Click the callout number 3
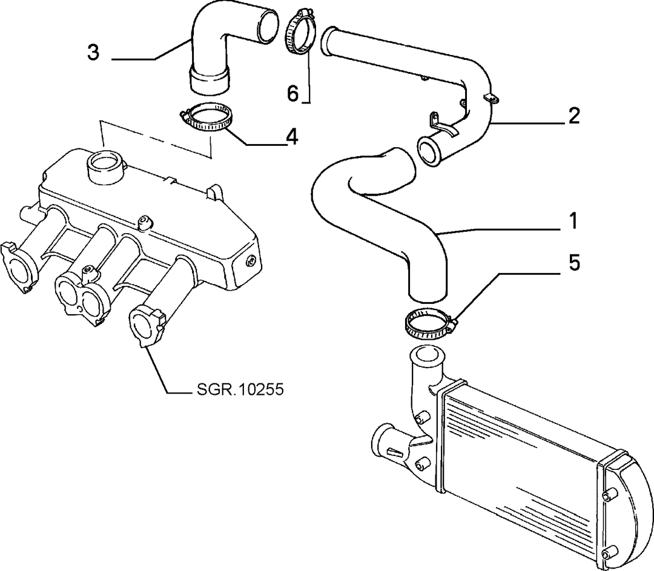coord(93,53)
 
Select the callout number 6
coord(293,93)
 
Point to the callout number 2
coord(574,115)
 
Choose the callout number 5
coord(574,263)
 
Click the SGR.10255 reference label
coord(240,389)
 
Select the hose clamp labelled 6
coord(299,31)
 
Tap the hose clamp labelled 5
coord(429,322)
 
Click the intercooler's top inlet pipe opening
coord(428,355)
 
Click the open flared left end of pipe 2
coord(329,41)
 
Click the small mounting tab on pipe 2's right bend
coord(494,97)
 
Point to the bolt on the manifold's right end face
coord(251,261)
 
